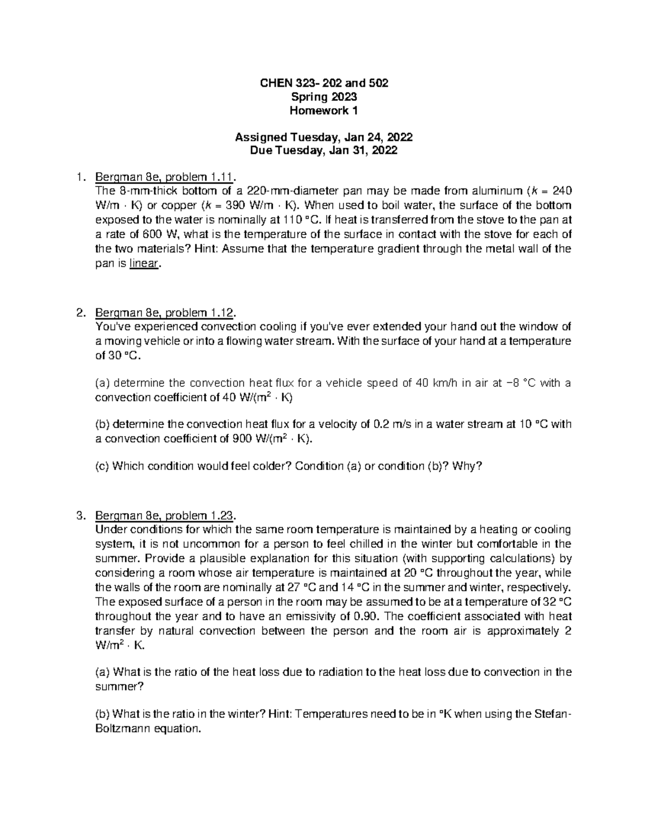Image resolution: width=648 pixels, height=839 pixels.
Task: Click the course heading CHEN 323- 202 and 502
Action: (324, 83)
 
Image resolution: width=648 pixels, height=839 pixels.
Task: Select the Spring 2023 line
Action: (324, 97)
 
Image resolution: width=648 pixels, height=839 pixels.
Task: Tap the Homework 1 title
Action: (324, 111)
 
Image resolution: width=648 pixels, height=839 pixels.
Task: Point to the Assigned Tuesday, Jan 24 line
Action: (324, 137)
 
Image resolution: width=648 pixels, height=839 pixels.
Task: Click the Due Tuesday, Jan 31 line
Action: (324, 151)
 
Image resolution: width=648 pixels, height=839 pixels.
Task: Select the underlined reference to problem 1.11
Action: (165, 177)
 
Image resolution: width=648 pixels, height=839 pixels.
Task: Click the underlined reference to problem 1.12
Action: (165, 313)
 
